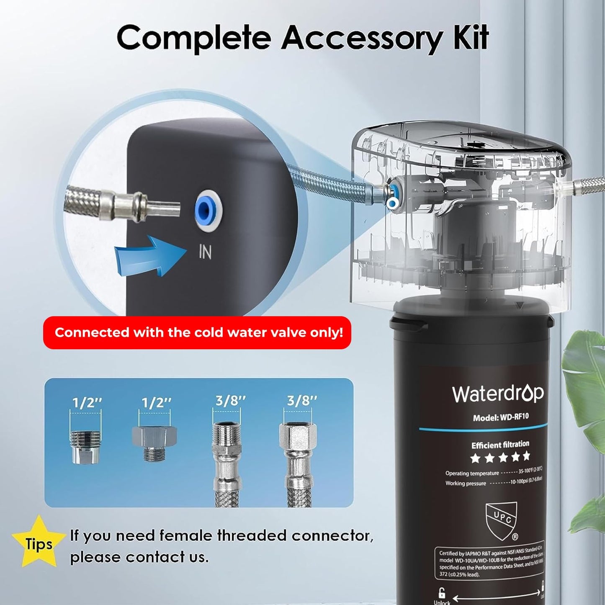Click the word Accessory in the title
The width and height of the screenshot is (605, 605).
pyautogui.click(x=362, y=39)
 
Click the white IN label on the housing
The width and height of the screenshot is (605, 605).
pyautogui.click(x=205, y=252)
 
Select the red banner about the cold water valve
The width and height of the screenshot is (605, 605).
pyautogui.click(x=197, y=333)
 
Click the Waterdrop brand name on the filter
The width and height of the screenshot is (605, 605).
pyautogui.click(x=498, y=394)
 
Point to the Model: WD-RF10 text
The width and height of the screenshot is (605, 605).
pyautogui.click(x=501, y=417)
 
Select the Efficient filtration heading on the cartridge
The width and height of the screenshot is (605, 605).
pyautogui.click(x=500, y=445)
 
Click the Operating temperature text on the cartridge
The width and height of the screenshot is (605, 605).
pyautogui.click(x=472, y=473)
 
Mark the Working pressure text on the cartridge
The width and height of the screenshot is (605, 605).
pyautogui.click(x=466, y=483)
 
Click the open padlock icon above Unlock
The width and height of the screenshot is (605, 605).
pyautogui.click(x=442, y=592)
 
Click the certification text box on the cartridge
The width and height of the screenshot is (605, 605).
pyautogui.click(x=490, y=563)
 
